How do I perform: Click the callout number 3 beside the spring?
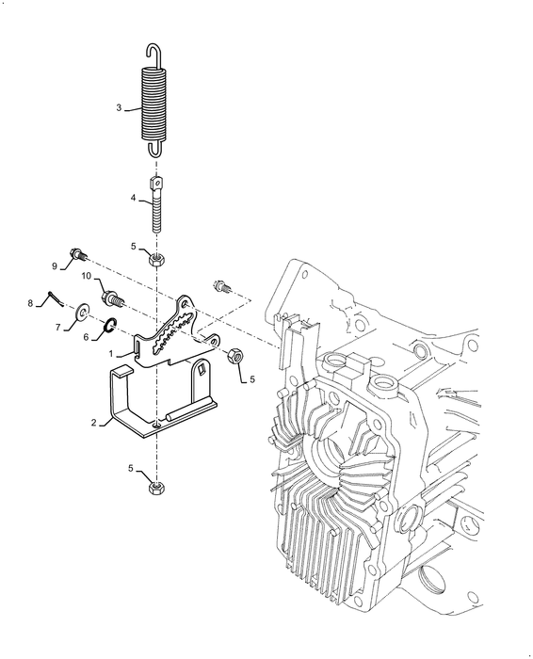119,108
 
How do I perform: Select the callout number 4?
134,198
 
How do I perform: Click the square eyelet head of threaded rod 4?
155,183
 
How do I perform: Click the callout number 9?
55,266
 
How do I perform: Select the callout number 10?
87,276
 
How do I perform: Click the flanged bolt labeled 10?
113,298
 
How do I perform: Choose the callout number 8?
30,303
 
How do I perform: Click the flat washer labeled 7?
83,312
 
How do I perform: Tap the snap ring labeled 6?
110,325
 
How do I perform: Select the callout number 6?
86,337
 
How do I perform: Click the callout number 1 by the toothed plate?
111,354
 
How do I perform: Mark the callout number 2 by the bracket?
94,423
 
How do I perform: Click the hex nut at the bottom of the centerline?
157,488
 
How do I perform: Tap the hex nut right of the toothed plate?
234,357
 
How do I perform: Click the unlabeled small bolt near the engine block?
221,286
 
